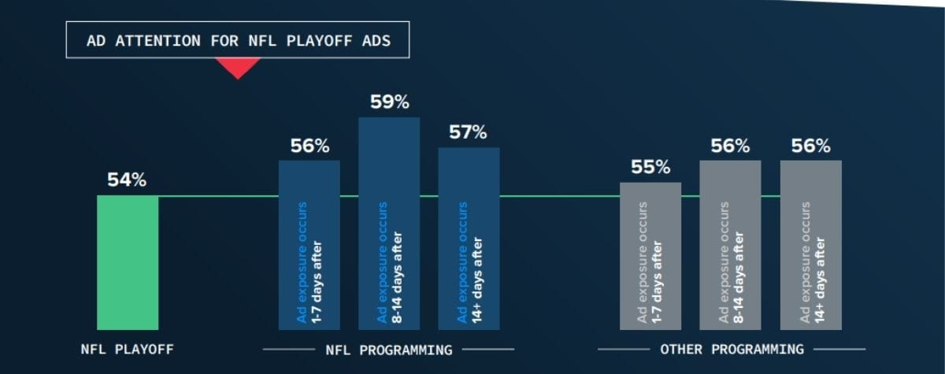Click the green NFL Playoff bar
128,262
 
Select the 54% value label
127,180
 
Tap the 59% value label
389,102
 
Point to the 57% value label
469,132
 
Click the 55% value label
650,167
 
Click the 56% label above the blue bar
309,146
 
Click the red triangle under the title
237,69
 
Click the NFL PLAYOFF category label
128,349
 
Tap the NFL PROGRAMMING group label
389,349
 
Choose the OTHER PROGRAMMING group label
732,349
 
